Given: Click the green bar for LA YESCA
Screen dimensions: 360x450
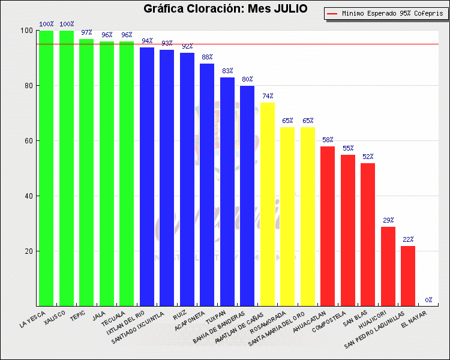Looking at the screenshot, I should point(46,168).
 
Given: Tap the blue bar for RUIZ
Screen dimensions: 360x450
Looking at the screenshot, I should point(187,179).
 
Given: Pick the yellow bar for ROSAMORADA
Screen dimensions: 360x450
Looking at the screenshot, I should point(287,217).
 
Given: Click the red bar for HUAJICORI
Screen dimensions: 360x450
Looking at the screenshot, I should point(388,266).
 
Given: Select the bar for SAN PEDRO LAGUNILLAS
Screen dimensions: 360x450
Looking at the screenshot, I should point(408,276).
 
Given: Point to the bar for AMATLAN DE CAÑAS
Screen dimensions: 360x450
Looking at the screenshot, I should point(268,204).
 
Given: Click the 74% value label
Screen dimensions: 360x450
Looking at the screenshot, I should point(268,96).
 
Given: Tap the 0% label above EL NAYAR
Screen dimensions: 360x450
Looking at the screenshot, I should point(428,299).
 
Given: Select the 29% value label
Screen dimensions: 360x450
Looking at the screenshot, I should point(388,220).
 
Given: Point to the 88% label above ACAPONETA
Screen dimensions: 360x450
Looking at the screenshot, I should point(207,57).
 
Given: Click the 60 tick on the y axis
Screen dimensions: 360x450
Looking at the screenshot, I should point(28,141).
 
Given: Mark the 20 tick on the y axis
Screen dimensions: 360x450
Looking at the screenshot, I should point(28,251).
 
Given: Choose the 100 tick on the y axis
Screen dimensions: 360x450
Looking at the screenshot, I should point(26,31).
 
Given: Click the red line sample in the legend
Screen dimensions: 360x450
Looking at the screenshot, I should point(333,13).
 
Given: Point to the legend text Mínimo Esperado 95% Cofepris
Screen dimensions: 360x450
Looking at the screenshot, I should point(390,13).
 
